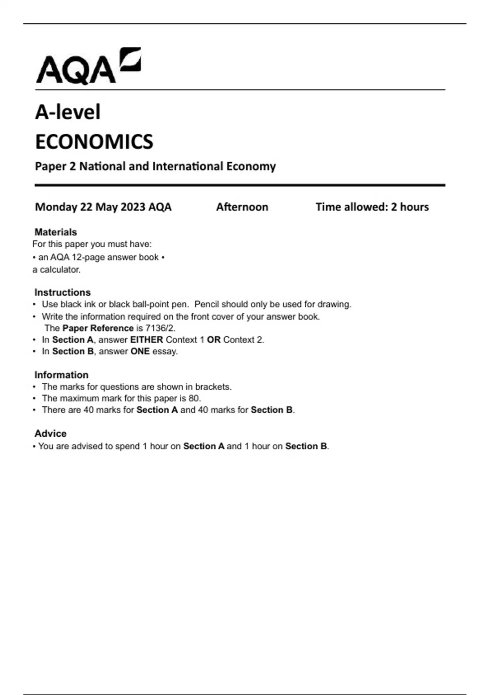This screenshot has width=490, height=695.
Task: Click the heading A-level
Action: (68, 112)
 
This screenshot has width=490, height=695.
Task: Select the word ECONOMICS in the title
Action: (94, 142)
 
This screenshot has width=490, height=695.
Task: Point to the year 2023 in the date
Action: (133, 207)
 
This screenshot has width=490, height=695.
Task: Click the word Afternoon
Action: (242, 207)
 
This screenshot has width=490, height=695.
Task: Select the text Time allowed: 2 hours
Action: (372, 207)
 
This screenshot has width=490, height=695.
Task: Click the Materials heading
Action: (56, 232)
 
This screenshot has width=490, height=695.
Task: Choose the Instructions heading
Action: (62, 292)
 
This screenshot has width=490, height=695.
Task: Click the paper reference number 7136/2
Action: (160, 328)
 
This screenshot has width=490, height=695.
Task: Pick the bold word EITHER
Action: (147, 340)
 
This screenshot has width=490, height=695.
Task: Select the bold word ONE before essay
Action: (140, 351)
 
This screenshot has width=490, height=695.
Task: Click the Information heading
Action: (61, 375)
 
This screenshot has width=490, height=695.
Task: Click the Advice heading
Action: (50, 433)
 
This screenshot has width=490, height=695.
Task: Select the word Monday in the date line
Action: (56, 207)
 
